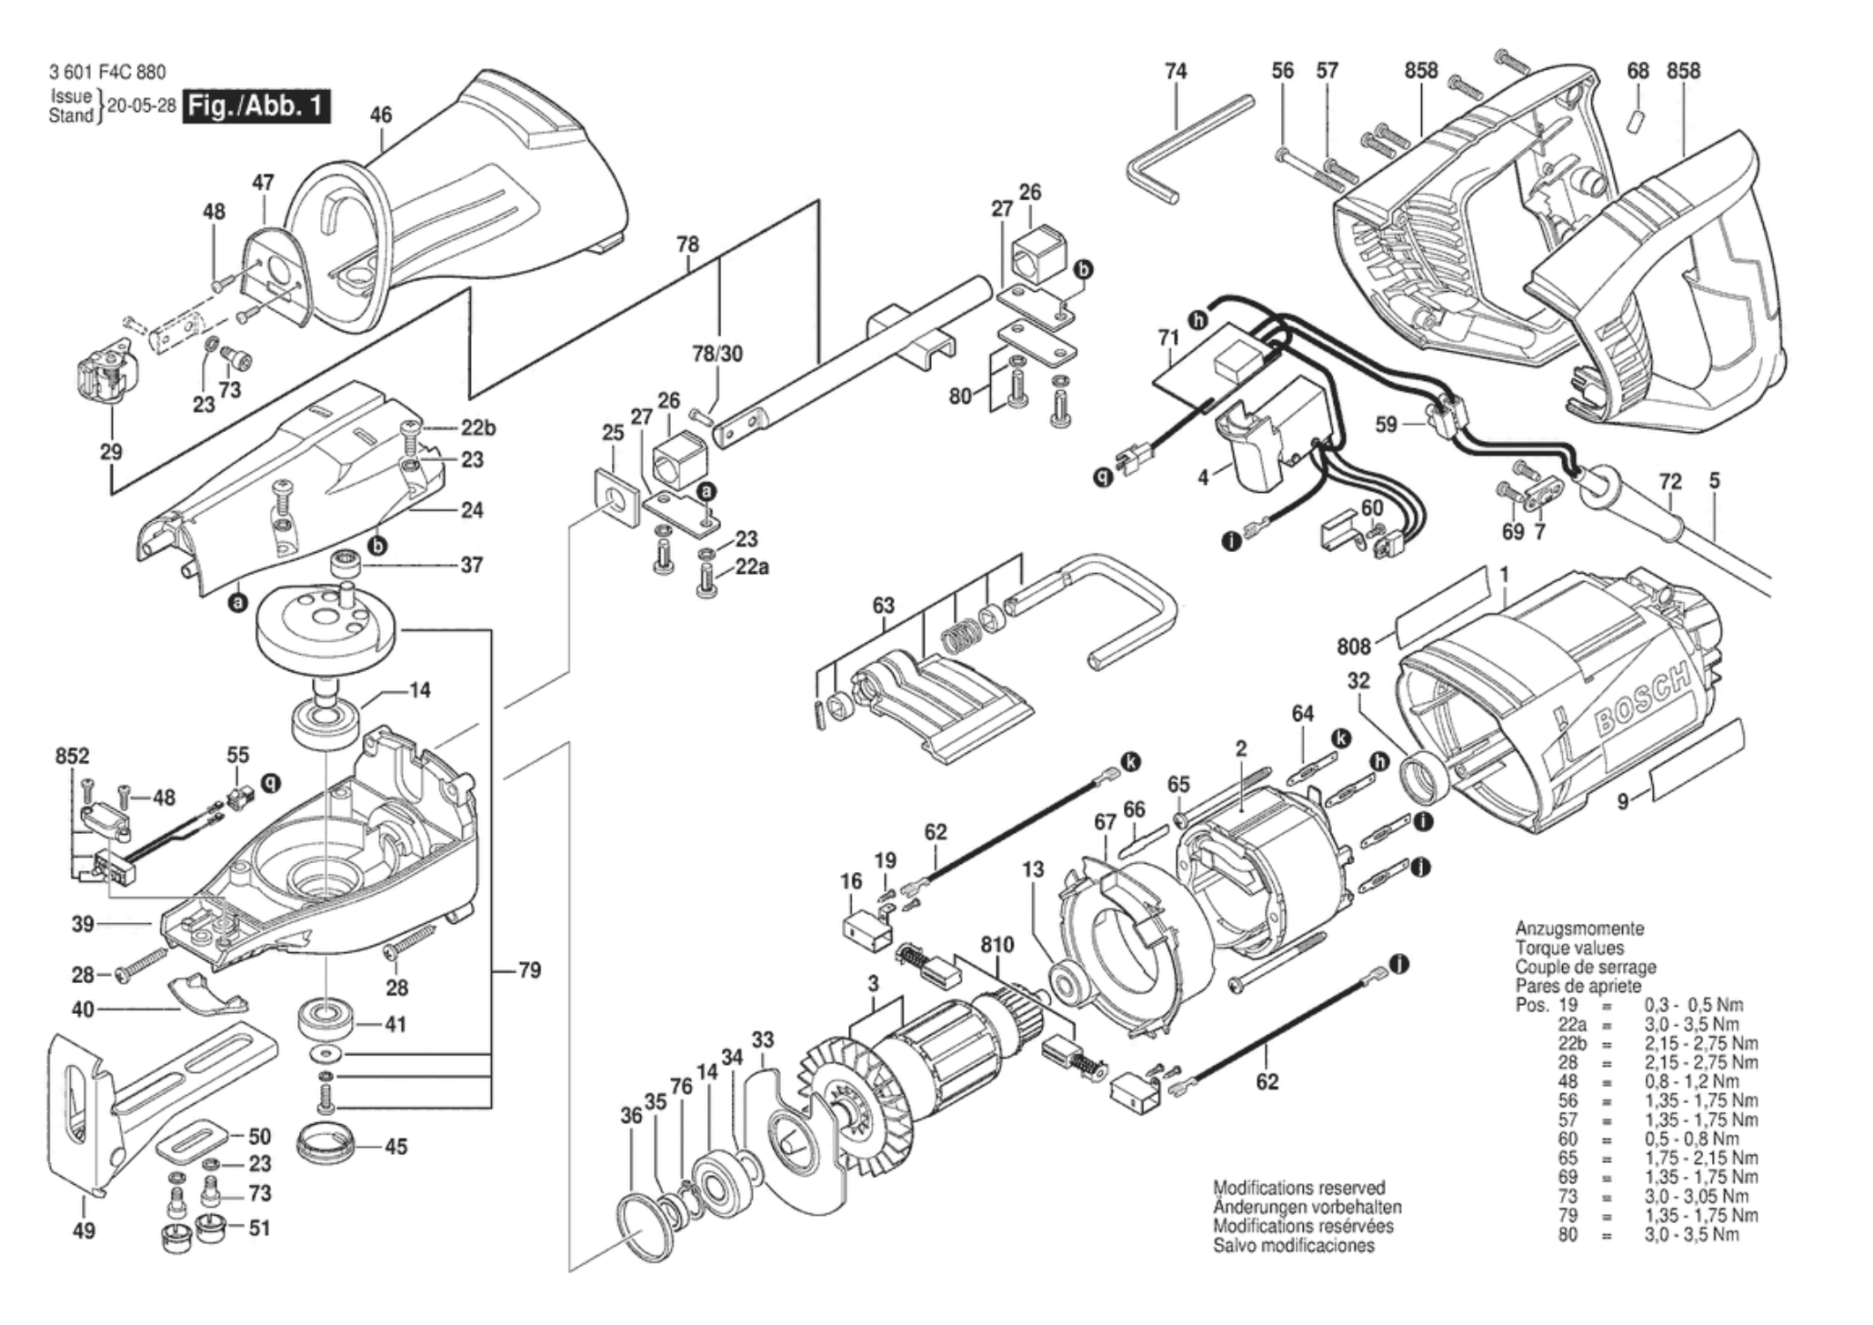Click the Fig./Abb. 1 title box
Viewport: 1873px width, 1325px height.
[x=256, y=106]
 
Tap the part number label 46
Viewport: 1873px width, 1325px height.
[x=381, y=115]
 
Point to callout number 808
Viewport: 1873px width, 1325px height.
[x=1353, y=647]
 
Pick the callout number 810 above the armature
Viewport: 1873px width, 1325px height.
[x=997, y=946]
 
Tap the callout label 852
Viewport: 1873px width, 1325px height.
[x=73, y=757]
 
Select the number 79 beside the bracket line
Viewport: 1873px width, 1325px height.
[x=529, y=970]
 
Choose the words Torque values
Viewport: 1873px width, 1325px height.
[x=1568, y=948]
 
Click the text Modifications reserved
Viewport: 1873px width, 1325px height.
[x=1299, y=1188]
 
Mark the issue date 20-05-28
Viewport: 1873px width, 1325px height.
[x=142, y=105]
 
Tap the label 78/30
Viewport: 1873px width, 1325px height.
[x=718, y=354]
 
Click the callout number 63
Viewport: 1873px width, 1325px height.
[x=883, y=606]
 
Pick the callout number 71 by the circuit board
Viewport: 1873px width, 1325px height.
[x=1168, y=339]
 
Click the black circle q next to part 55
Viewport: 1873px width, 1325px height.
[x=270, y=782]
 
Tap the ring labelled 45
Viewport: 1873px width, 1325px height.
[x=325, y=1146]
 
